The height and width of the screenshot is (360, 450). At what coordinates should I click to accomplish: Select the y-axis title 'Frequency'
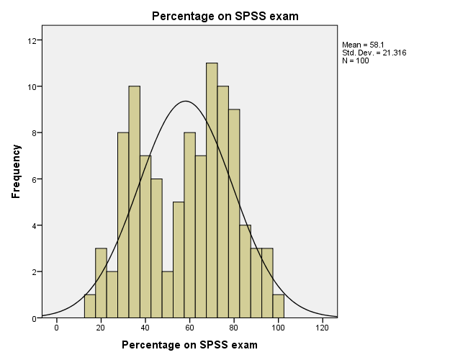click(x=15, y=171)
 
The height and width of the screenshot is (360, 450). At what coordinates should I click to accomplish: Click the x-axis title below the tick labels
click(x=189, y=345)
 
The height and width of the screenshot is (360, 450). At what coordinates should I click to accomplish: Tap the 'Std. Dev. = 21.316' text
click(x=374, y=53)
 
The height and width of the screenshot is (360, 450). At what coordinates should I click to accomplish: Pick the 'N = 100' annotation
click(x=355, y=60)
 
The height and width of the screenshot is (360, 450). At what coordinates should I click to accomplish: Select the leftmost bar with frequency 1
click(x=90, y=306)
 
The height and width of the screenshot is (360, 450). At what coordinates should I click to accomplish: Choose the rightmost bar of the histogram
click(x=279, y=306)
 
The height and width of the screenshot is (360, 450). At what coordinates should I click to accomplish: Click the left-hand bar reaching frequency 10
click(x=134, y=202)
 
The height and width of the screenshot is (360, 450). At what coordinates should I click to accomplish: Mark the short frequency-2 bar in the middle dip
click(x=168, y=294)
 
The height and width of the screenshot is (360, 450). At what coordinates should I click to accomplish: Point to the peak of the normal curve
click(x=186, y=102)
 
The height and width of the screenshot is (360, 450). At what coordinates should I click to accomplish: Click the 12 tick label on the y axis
click(x=31, y=40)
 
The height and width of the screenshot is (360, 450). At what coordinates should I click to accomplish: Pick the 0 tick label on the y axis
click(x=33, y=318)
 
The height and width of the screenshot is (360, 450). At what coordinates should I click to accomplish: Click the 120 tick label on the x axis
click(x=323, y=328)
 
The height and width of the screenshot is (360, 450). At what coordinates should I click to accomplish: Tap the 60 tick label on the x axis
click(x=190, y=328)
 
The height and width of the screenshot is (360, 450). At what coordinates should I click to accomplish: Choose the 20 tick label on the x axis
click(x=101, y=328)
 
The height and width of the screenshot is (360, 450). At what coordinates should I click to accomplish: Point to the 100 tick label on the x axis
click(x=279, y=328)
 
